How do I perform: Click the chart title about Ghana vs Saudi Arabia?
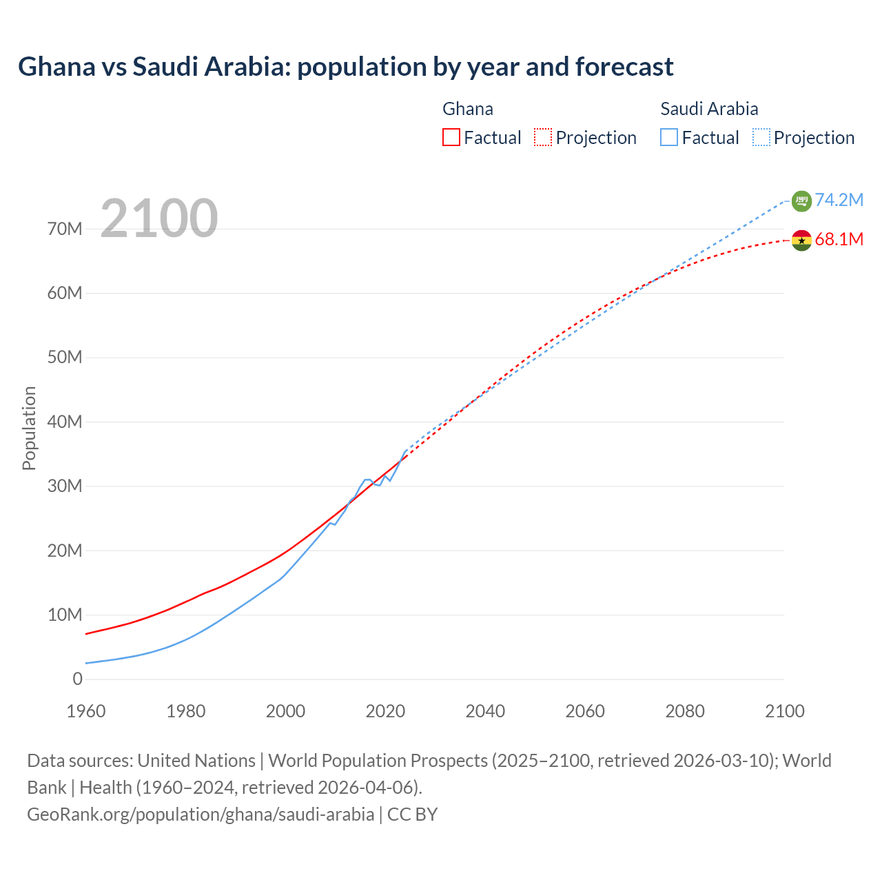pyautogui.click(x=345, y=67)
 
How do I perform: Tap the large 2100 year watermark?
pyautogui.click(x=159, y=218)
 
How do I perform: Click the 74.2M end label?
pyautogui.click(x=839, y=200)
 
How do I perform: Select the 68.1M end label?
pyautogui.click(x=839, y=239)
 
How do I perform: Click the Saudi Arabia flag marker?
pyautogui.click(x=801, y=201)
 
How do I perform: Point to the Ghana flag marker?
pyautogui.click(x=801, y=240)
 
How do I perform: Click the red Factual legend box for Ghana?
pyautogui.click(x=451, y=138)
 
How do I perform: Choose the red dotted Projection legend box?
pyautogui.click(x=543, y=138)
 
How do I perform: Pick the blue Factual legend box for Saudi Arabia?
pyautogui.click(x=669, y=138)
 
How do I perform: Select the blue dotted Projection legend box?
pyautogui.click(x=761, y=138)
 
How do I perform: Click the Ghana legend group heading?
pyautogui.click(x=468, y=109)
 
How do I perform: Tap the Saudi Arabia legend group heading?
pyautogui.click(x=709, y=109)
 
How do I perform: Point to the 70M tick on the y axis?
pyautogui.click(x=65, y=229)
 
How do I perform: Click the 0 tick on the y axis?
pyautogui.click(x=77, y=679)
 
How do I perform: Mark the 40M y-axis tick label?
pyautogui.click(x=65, y=422)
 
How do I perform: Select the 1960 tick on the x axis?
pyautogui.click(x=86, y=711)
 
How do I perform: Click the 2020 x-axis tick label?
pyautogui.click(x=385, y=711)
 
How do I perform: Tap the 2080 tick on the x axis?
pyautogui.click(x=685, y=711)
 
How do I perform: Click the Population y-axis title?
pyautogui.click(x=29, y=428)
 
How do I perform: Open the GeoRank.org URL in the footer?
pyautogui.click(x=201, y=814)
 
